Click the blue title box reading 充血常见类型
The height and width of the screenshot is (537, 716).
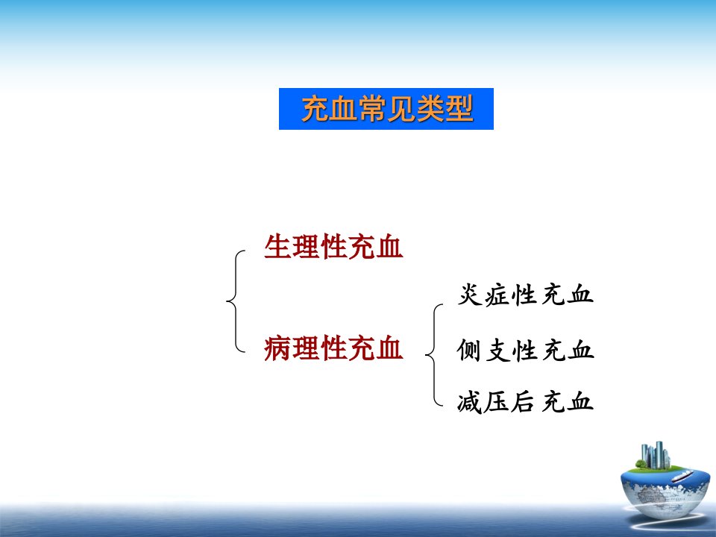[386, 109]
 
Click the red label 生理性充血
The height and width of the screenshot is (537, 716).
[333, 247]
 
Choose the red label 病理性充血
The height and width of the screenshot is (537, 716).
[333, 348]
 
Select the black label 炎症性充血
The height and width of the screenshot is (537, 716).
[525, 295]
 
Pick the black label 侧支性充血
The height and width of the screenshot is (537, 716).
[525, 351]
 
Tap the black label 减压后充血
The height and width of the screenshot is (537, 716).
[525, 402]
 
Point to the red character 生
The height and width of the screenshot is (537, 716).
[277, 247]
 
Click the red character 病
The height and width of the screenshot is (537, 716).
[277, 348]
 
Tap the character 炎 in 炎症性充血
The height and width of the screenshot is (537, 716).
[470, 295]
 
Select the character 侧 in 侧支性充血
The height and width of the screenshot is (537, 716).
[469, 351]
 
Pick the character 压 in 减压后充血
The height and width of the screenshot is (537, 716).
[496, 402]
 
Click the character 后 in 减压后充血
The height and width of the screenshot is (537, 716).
[523, 402]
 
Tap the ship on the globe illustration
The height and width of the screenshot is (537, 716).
[682, 477]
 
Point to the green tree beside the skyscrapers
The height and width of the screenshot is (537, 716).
[641, 465]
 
